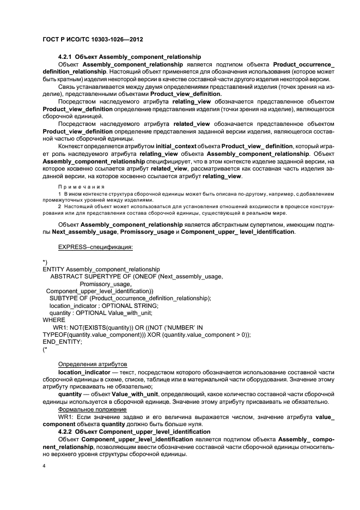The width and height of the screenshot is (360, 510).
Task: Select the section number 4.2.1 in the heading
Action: point(65,57)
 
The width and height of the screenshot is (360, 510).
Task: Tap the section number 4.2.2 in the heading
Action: point(65,431)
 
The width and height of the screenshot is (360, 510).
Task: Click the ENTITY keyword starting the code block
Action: point(53,270)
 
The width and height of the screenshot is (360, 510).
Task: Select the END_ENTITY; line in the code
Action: point(62,342)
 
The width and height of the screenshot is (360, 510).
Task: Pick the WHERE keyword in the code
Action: point(53,320)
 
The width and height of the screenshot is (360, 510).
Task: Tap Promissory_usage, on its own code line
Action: point(105,284)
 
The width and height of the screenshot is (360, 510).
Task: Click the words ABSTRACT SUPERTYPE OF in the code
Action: point(86,277)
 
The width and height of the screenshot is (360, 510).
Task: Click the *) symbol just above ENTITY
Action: point(45,262)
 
